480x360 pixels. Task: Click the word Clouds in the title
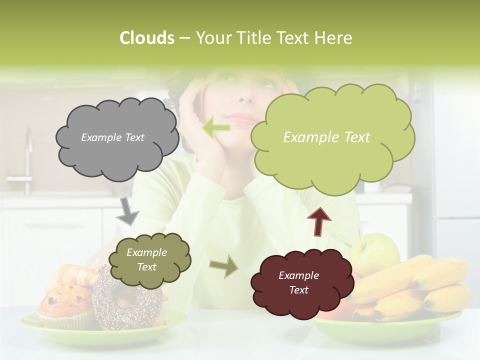[146, 38]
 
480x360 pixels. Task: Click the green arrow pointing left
[216, 127]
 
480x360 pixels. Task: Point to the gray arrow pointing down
[128, 210]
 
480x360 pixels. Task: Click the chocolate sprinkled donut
[125, 300]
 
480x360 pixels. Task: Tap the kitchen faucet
[25, 160]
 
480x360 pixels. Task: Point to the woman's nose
[245, 97]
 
